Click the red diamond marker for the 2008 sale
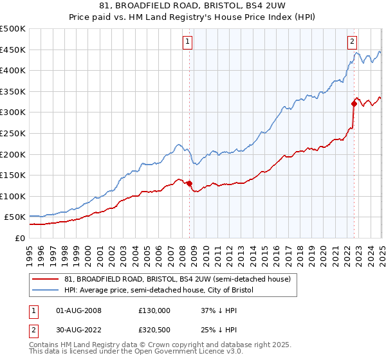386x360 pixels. point(189,184)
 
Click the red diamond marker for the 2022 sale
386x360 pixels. point(354,104)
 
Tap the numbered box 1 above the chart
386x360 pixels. point(187,42)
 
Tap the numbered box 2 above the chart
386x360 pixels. point(353,42)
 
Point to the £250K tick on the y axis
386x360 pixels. point(13,133)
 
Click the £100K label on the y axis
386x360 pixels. point(13,196)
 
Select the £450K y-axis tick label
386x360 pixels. point(13,50)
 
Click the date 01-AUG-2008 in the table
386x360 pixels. point(78,310)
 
